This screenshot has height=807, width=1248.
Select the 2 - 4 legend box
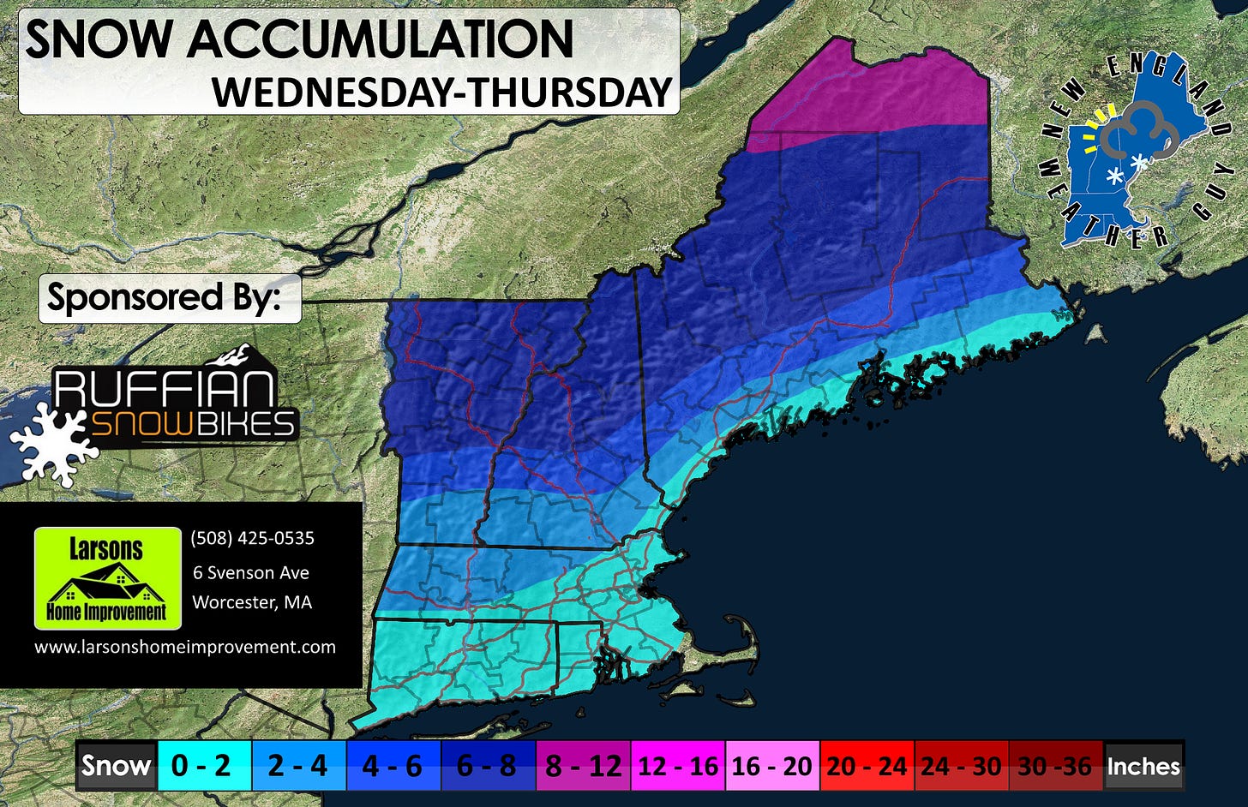coord(298,765)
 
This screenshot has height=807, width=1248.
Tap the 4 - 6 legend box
coord(393,765)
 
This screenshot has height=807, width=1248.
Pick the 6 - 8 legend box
coord(488,765)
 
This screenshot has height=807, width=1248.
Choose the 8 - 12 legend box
coord(583,765)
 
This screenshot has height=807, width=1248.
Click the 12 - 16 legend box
coord(677,765)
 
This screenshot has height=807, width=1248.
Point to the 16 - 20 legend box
coord(772,765)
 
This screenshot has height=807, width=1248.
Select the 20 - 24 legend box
coord(867,765)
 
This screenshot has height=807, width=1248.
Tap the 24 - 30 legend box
coord(962,765)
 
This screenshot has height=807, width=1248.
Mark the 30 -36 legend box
coord(1055,765)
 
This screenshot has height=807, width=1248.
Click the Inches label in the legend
coord(1143,765)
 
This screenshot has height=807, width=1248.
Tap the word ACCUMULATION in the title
coord(381,39)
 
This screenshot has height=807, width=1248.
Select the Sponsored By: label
coord(164,298)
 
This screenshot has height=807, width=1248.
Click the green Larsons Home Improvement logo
coord(107,578)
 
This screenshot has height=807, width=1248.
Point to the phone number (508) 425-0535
coord(252,538)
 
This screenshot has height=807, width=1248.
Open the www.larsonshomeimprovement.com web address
coord(184,647)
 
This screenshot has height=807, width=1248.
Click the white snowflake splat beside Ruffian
coord(49,443)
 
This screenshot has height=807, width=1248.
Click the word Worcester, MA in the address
coord(252,602)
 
